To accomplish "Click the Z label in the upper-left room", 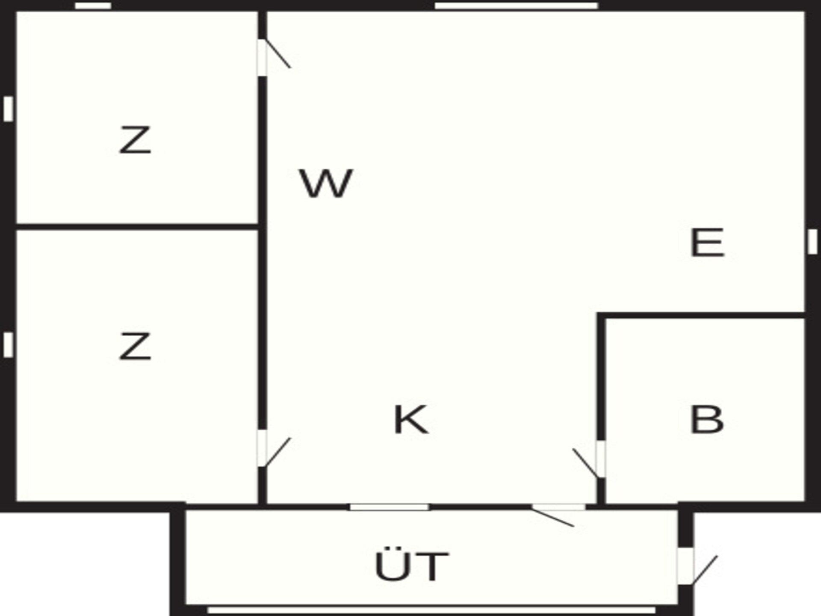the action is (135, 140).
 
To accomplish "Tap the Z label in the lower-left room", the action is (135, 346).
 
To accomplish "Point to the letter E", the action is (707, 243).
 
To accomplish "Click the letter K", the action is (410, 420).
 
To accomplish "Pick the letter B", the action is (707, 420).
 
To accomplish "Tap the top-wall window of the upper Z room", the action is (93, 6).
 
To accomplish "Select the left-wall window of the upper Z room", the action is (8, 109).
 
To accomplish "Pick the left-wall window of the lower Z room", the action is (8, 345).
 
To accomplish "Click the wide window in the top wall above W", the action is (516, 6).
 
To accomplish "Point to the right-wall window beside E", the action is (812, 242).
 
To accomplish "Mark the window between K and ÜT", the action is (390, 507).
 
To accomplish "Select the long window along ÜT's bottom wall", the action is (431, 610).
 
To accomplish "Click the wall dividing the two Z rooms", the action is (137, 226).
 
